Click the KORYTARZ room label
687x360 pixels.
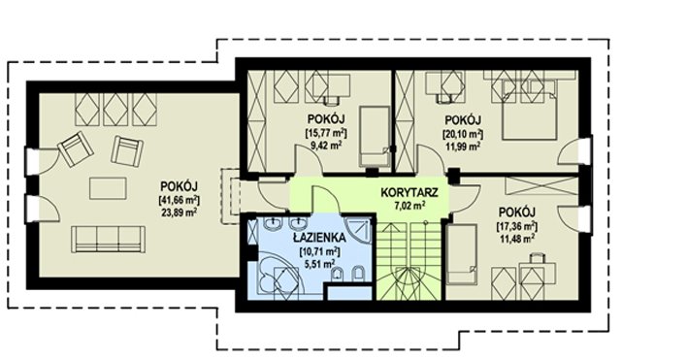(409, 192)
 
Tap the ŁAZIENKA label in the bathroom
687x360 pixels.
(319, 238)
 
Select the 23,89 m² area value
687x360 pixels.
(180, 212)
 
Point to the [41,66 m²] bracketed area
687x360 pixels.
(180, 200)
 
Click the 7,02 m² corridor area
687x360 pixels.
(409, 204)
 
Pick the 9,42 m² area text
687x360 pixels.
(326, 145)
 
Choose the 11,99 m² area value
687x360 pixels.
(463, 146)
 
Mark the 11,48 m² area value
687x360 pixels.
(517, 239)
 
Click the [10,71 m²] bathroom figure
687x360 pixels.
(319, 252)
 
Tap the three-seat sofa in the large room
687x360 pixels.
(109, 239)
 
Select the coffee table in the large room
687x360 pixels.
(108, 188)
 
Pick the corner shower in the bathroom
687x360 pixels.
(358, 230)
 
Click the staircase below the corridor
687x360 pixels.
(409, 260)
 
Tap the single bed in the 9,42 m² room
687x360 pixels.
(375, 136)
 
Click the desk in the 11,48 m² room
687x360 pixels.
(538, 273)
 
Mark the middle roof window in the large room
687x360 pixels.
(115, 109)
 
